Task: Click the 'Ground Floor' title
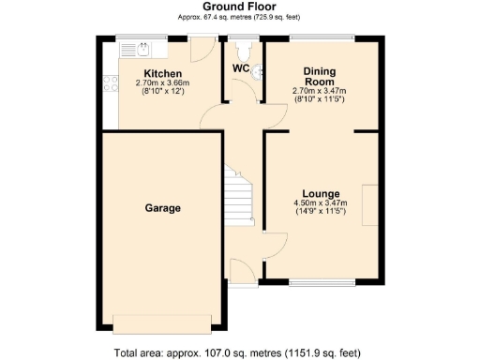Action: click(x=240, y=7)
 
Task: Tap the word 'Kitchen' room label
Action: click(x=162, y=74)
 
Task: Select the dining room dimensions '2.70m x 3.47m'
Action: click(x=320, y=91)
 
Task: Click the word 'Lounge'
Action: click(x=320, y=193)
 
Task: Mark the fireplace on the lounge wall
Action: click(x=371, y=205)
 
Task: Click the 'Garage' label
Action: click(x=162, y=207)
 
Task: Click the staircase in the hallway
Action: click(x=240, y=197)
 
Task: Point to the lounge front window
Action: click(x=321, y=280)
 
